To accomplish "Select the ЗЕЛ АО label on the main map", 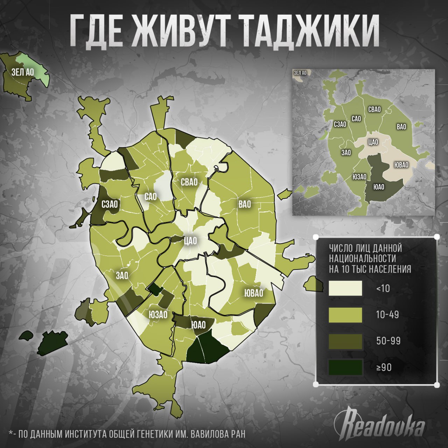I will [23, 72].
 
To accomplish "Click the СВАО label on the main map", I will [189, 182].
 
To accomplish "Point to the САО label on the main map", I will [151, 197].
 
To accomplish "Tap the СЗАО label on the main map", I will [110, 204].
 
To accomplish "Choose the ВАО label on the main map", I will [245, 204].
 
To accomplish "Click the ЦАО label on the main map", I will [190, 240].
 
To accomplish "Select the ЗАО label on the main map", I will [122, 276].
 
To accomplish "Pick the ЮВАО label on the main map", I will [253, 293].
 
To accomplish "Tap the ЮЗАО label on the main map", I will [158, 314].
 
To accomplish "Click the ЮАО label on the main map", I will [198, 325].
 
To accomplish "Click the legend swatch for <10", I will [345, 288].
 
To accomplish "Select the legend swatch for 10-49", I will [345, 315].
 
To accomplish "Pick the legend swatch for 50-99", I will [345, 341].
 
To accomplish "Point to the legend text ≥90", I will [384, 367].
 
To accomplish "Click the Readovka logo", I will [380, 424].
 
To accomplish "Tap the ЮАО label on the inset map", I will [379, 187].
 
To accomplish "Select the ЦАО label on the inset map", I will [373, 142].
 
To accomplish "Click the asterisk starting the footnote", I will [11, 433].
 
